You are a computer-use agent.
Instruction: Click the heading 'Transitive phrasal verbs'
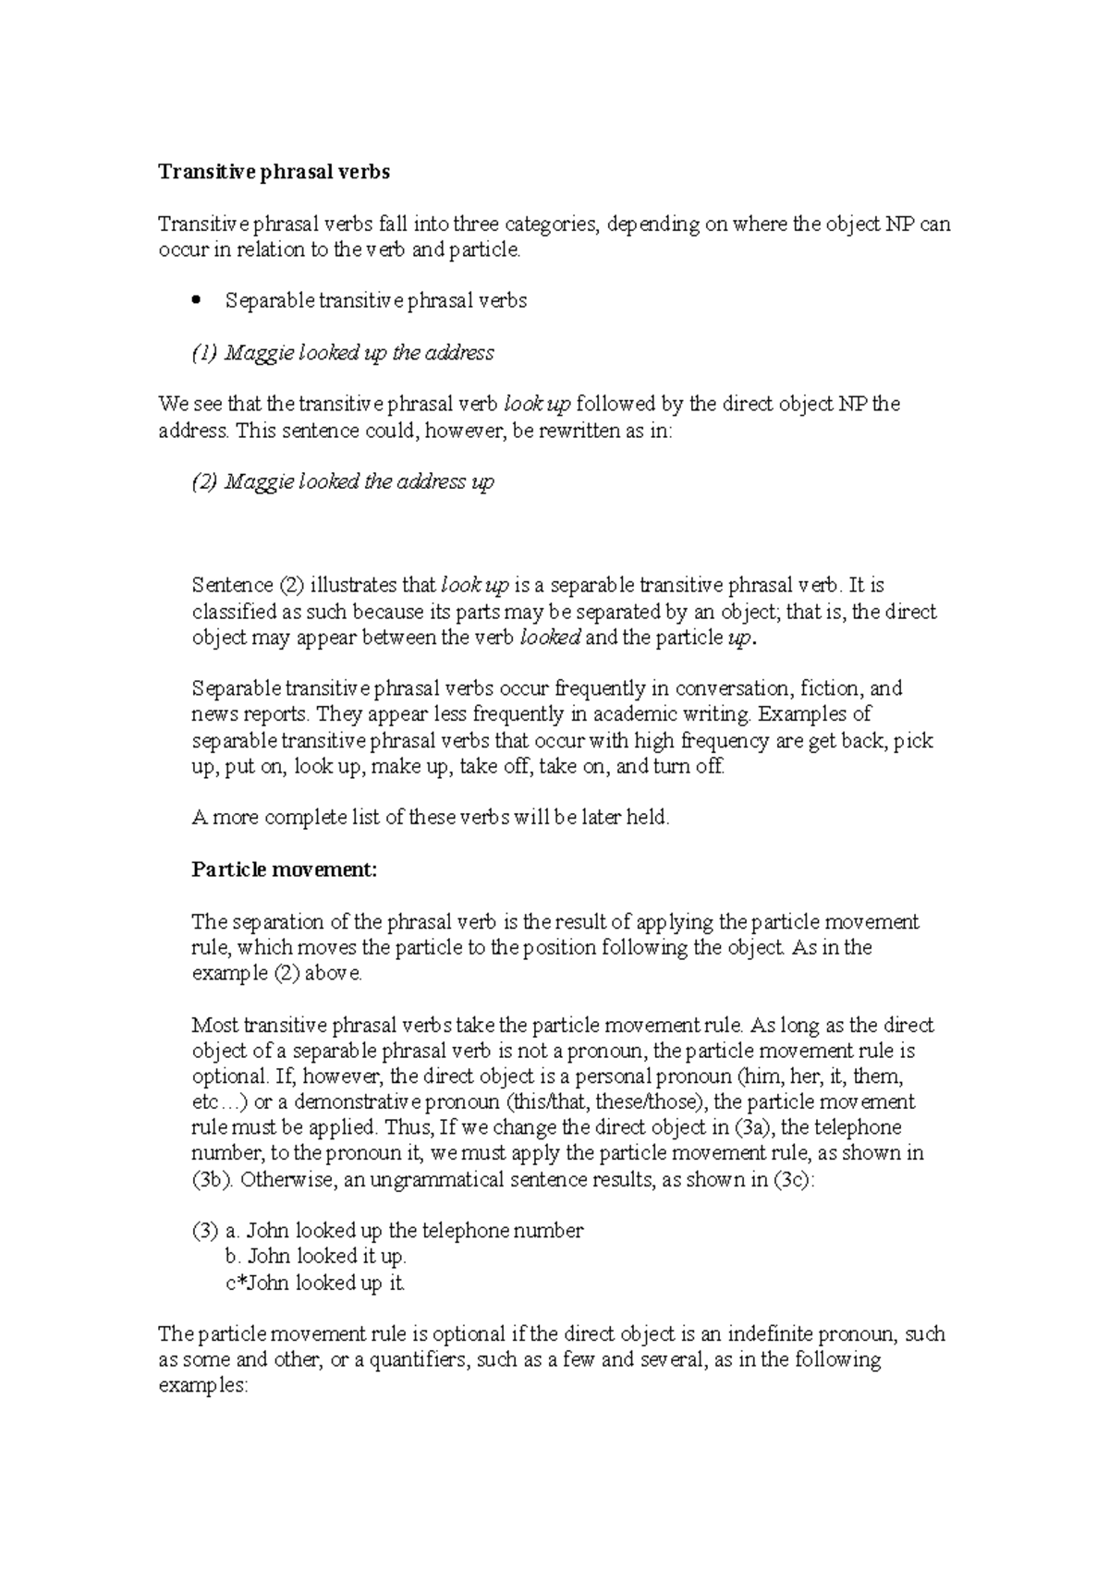274,172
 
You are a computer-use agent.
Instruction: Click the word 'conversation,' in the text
733,688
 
